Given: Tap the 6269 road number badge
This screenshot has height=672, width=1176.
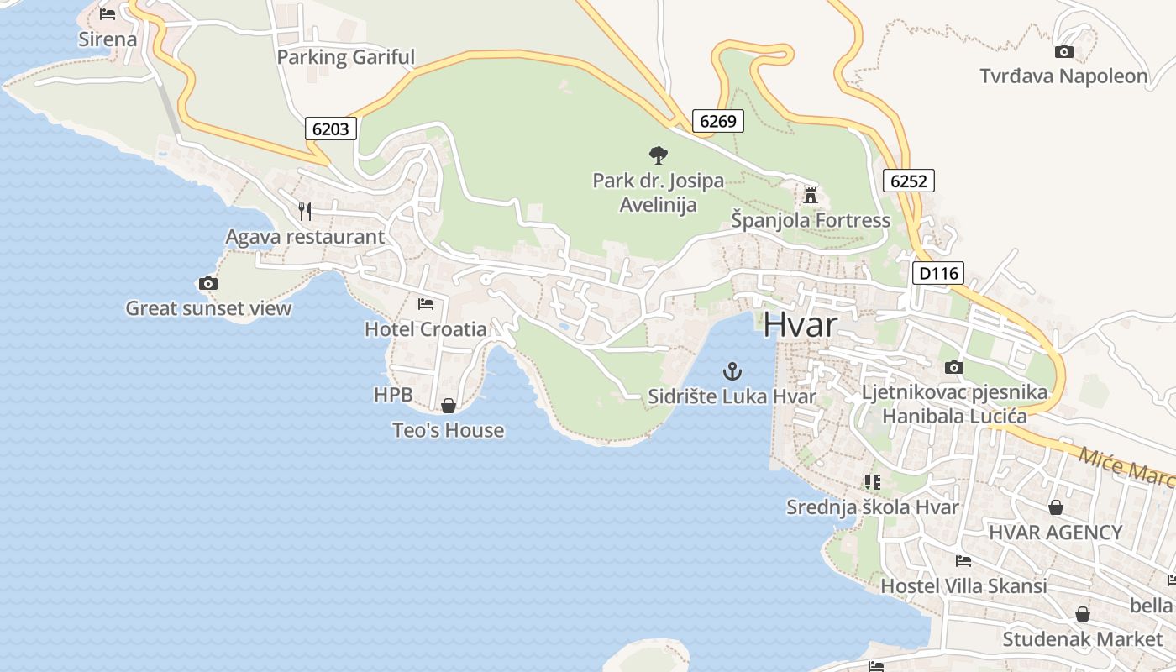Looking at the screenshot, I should click(x=717, y=121).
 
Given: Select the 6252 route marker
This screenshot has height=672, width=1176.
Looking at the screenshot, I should click(x=908, y=181).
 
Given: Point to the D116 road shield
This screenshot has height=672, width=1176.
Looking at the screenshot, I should click(x=937, y=273).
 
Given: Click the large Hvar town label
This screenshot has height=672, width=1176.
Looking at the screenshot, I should click(x=801, y=325).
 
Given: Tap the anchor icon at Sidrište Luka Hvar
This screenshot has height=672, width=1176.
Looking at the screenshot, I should click(x=732, y=370).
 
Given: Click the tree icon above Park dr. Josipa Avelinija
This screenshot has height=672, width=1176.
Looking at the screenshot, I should click(x=659, y=155).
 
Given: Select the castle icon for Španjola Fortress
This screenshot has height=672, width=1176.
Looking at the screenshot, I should click(x=811, y=195).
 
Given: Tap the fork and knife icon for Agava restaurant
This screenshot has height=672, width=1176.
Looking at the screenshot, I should click(x=305, y=211).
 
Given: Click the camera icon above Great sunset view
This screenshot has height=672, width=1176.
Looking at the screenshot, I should click(x=207, y=283).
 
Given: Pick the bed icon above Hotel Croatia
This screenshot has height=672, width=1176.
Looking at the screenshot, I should click(x=426, y=303).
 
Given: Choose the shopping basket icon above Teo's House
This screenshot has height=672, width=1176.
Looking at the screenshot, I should click(x=449, y=406).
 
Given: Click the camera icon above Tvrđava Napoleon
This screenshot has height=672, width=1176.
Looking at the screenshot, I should click(x=1063, y=51).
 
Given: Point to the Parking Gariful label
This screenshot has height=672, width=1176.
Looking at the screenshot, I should click(x=346, y=57).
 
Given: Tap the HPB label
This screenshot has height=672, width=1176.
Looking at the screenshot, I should click(x=393, y=394).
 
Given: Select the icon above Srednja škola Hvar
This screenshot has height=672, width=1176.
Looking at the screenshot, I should click(x=872, y=482).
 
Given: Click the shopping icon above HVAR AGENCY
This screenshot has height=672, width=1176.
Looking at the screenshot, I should click(x=1056, y=507).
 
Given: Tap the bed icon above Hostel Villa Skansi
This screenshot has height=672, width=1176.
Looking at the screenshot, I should click(x=963, y=560).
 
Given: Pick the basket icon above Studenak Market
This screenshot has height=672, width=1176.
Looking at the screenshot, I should click(x=1083, y=614).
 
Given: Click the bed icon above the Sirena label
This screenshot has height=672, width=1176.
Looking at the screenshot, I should click(x=108, y=14).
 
